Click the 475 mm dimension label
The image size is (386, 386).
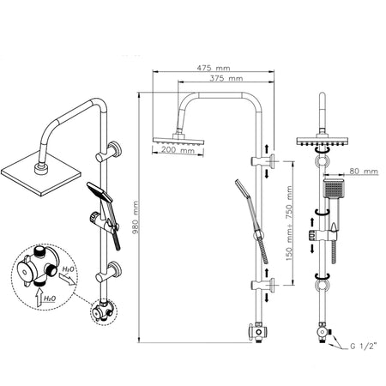click(214, 68)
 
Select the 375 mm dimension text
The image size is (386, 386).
click(226, 78)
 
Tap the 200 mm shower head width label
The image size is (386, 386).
click(178, 149)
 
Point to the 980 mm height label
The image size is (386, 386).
click(136, 217)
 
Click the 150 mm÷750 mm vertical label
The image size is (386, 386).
click(289, 223)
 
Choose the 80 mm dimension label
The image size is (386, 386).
click(364, 171)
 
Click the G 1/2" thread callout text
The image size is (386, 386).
click(363, 347)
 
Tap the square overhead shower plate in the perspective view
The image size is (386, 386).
click(41, 173)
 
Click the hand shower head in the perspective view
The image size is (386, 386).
click(100, 191)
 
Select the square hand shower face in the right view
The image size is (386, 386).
click(333, 188)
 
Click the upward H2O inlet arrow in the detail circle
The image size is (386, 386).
click(39, 299)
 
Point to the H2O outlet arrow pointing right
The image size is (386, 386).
click(68, 279)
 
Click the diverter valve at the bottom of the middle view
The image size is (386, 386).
click(258, 332)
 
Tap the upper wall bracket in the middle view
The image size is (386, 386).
click(263, 161)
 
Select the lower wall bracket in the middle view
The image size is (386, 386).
click(263, 285)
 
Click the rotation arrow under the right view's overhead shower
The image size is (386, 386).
click(322, 151)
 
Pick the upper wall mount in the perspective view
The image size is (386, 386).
click(109, 152)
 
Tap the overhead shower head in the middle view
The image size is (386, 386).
click(178, 140)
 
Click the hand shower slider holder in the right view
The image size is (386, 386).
click(322, 235)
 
